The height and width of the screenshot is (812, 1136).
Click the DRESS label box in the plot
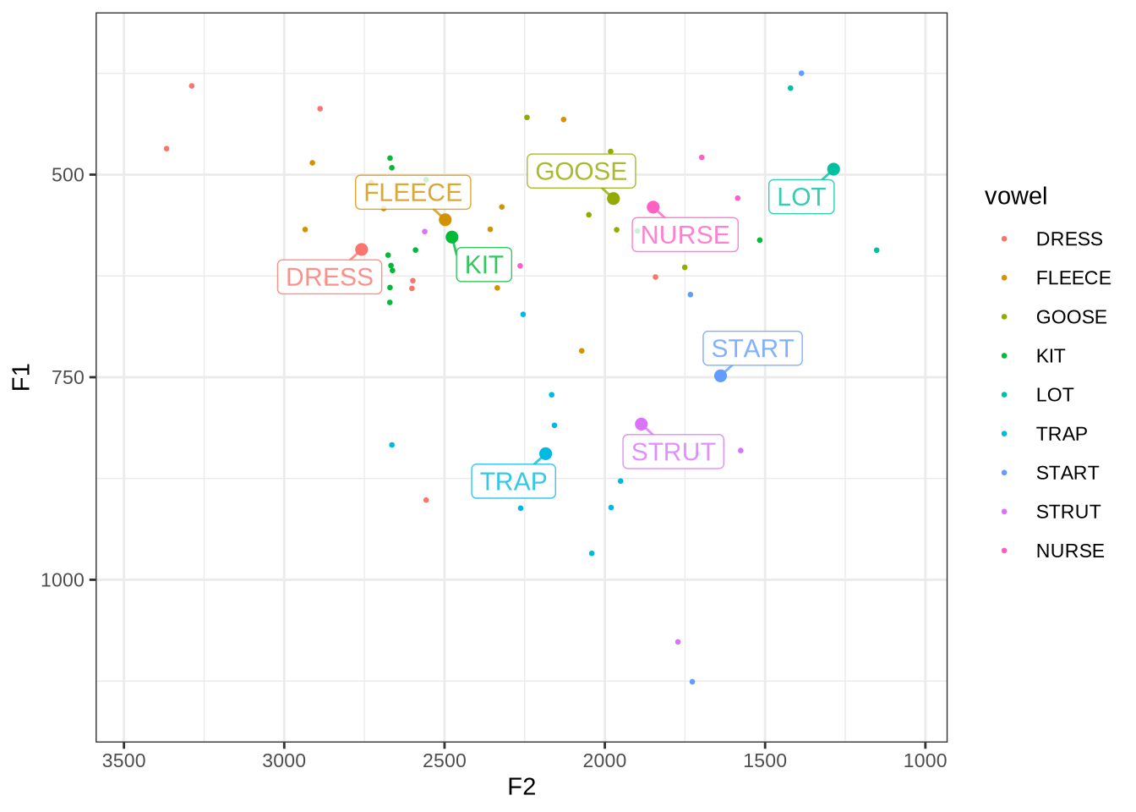click(329, 277)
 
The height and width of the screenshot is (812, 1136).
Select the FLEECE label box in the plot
click(412, 193)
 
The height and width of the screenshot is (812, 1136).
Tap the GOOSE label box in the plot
click(581, 172)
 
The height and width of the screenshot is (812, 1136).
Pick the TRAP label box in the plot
click(513, 481)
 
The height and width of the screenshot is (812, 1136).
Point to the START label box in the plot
click(752, 348)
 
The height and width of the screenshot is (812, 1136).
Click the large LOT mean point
click(833, 169)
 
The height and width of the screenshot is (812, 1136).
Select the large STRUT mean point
click(642, 425)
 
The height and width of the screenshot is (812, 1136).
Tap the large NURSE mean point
click(653, 207)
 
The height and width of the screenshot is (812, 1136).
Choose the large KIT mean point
click(452, 238)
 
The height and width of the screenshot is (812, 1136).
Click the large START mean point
click(720, 376)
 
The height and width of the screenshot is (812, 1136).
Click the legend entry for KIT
click(1050, 356)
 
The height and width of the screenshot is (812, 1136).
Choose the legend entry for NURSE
click(1069, 551)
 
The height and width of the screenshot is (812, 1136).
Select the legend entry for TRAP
click(1061, 434)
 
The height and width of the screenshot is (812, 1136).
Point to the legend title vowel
click(1015, 196)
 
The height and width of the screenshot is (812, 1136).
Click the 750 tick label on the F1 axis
click(68, 377)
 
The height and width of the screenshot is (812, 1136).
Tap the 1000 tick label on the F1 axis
click(63, 580)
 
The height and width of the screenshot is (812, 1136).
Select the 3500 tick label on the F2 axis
click(124, 760)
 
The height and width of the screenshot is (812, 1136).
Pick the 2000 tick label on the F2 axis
click(605, 760)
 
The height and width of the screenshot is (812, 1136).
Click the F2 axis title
click(522, 787)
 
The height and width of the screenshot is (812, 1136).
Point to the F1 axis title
click(21, 377)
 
